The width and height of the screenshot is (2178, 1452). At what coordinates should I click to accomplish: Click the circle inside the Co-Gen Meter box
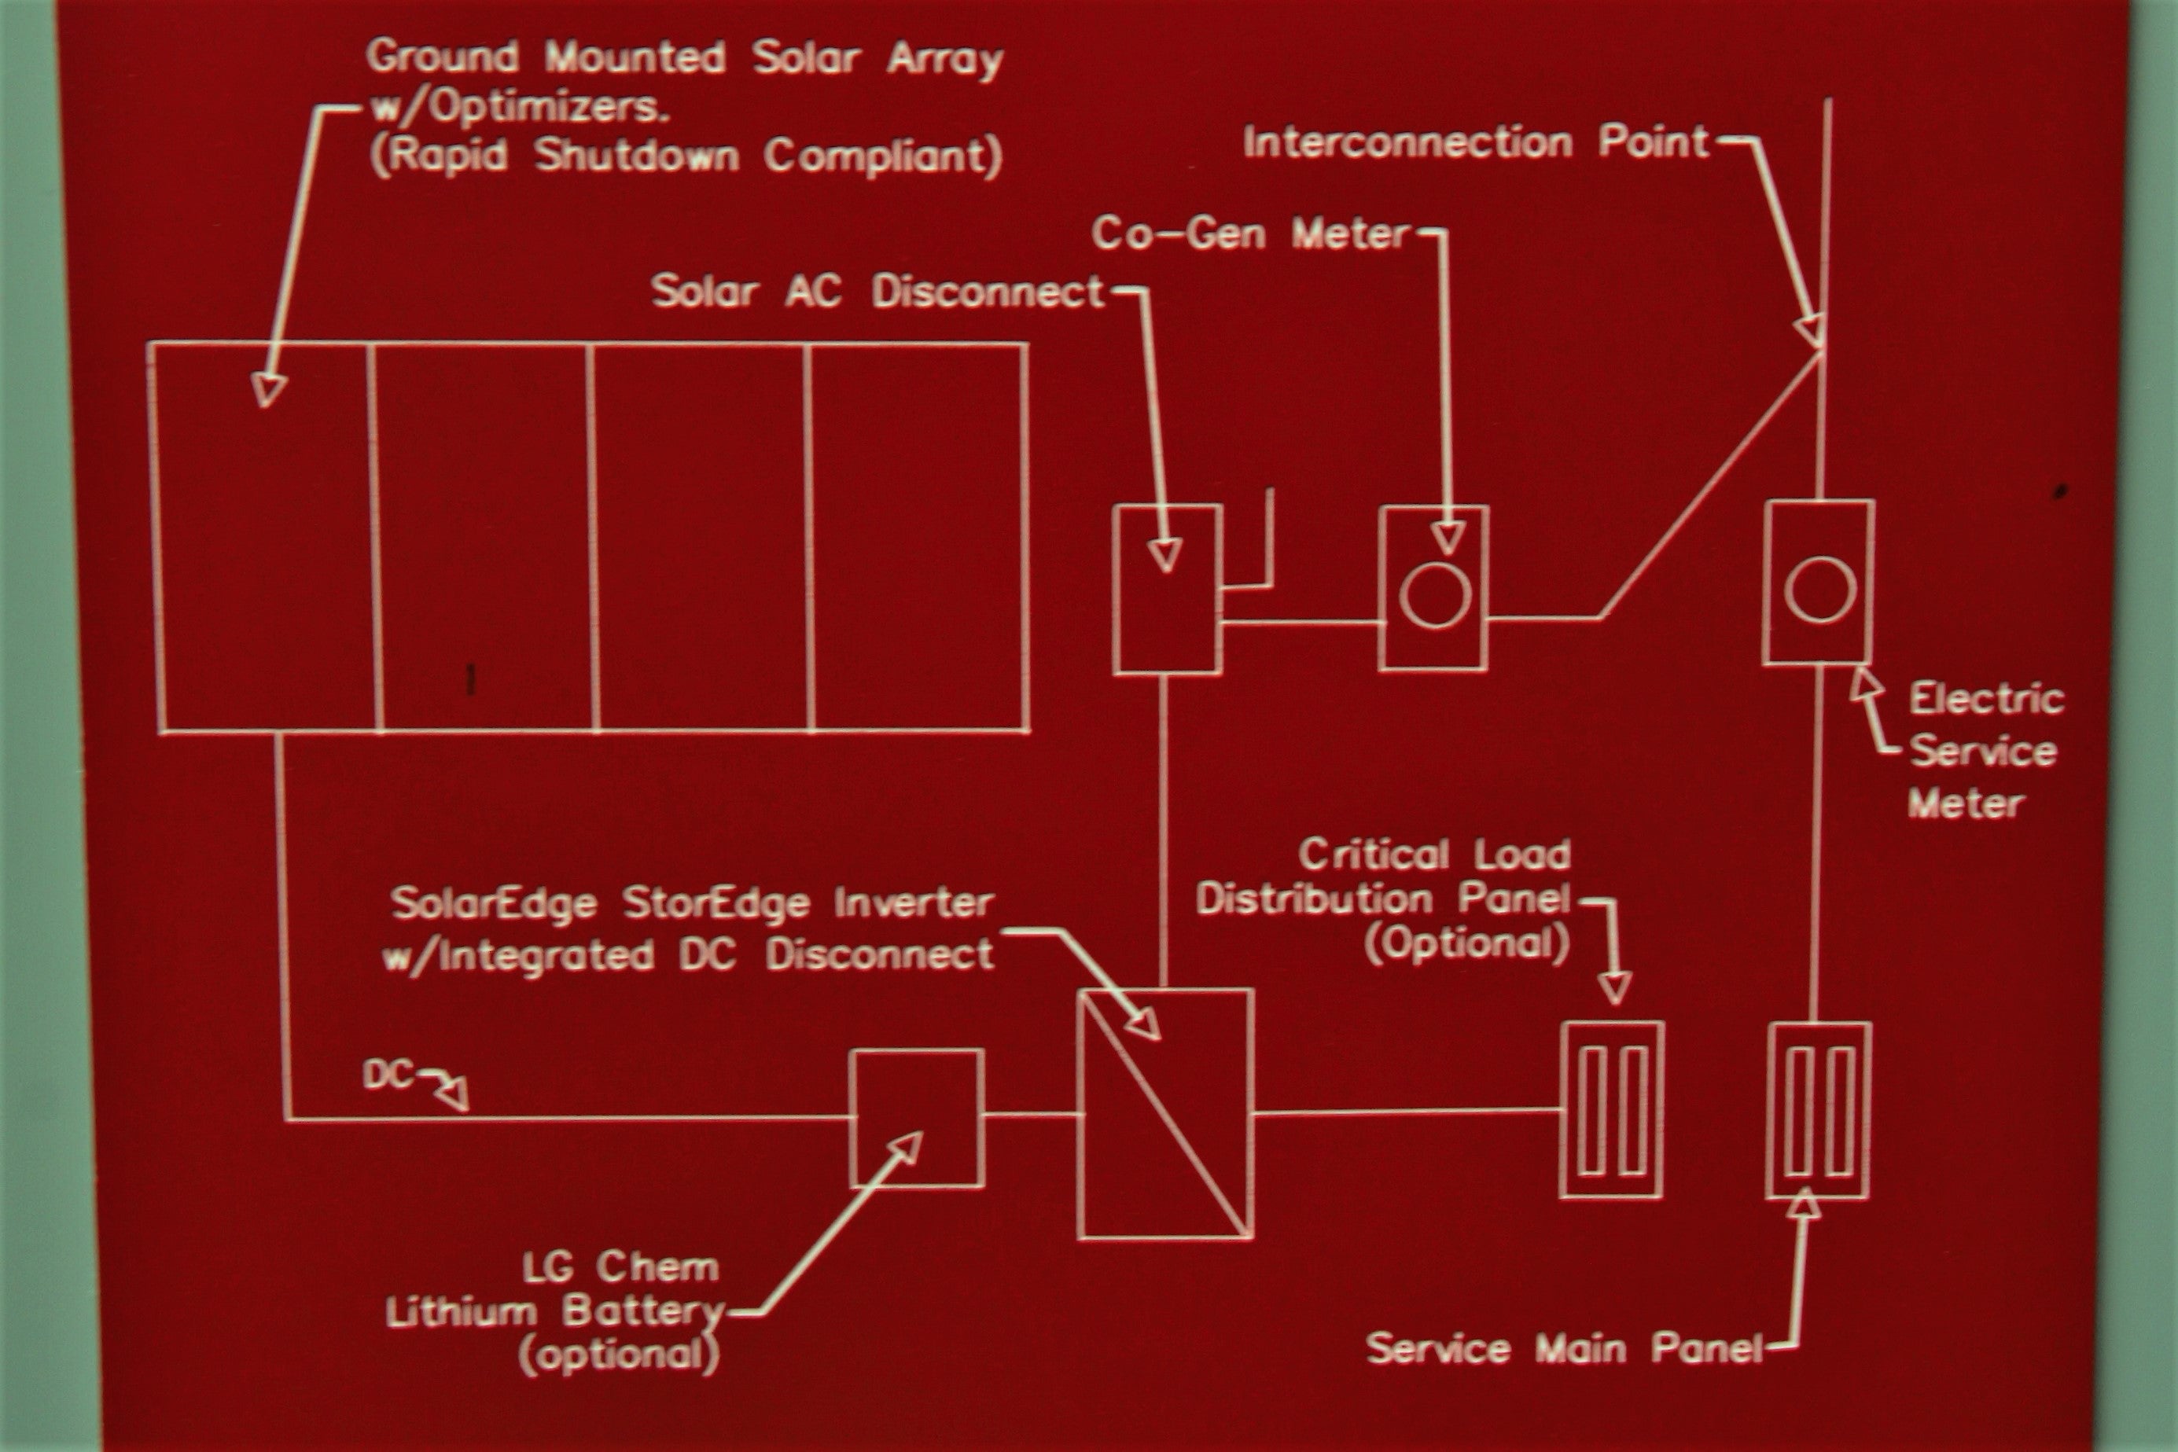point(1434,594)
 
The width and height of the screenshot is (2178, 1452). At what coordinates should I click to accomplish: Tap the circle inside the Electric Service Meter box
point(1819,589)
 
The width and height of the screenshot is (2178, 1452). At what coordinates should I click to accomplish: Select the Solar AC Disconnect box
point(1167,589)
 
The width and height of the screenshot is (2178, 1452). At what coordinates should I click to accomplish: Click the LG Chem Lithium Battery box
point(917,1118)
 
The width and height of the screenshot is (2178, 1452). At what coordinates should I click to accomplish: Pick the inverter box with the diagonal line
point(1166,1113)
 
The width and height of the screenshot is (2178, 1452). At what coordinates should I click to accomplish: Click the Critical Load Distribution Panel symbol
point(1612,1109)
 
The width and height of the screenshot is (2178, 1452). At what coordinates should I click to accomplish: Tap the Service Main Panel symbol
point(1819,1110)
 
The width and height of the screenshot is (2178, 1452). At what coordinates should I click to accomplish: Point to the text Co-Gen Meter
point(1250,234)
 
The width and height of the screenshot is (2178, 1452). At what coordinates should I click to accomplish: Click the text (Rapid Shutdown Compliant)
point(686,156)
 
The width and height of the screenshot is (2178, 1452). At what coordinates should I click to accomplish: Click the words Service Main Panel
point(1564,1349)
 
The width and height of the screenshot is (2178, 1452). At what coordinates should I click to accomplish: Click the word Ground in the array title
point(442,57)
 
